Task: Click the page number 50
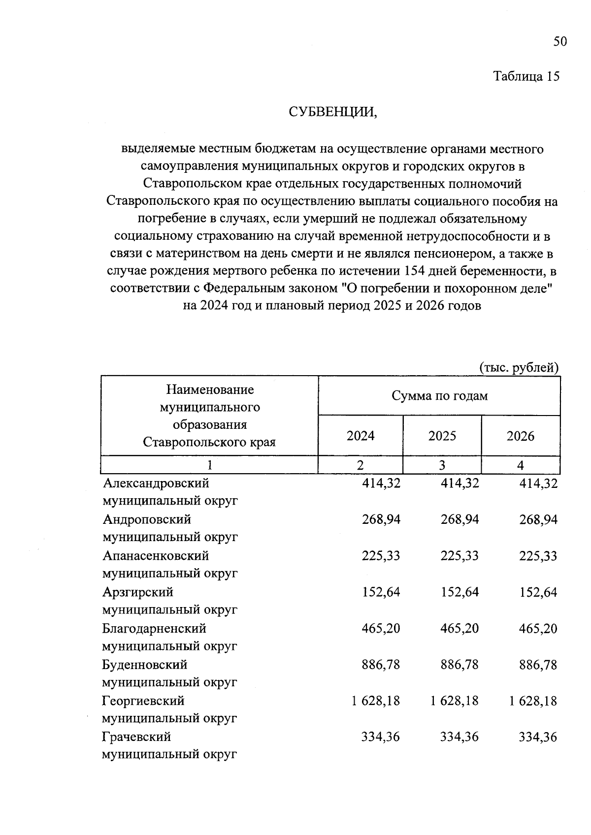click(560, 41)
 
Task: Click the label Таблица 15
click(526, 76)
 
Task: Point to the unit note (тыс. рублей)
click(519, 367)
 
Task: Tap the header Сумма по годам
click(439, 396)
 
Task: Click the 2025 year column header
click(442, 436)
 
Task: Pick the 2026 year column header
click(520, 436)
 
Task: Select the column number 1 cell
click(210, 465)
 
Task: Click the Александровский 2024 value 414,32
click(381, 483)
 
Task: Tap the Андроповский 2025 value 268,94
click(460, 519)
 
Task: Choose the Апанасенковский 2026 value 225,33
click(538, 556)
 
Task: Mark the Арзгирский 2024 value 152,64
click(381, 592)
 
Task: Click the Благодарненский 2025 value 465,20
click(460, 628)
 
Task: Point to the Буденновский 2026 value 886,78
click(538, 665)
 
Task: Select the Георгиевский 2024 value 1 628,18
click(375, 701)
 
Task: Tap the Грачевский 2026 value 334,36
click(538, 737)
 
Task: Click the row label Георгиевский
click(143, 701)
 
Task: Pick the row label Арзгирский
click(138, 592)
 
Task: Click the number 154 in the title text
click(414, 271)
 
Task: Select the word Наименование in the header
click(210, 390)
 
